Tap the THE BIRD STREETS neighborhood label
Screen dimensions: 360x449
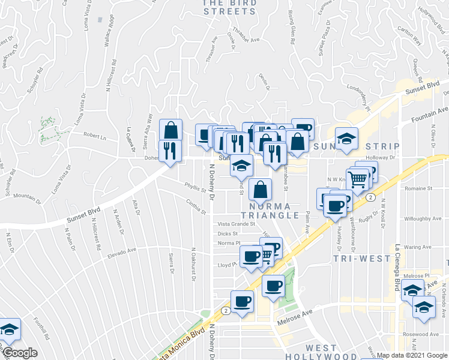pyautogui.click(x=230, y=7)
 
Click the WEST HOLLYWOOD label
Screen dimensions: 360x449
pyautogui.click(x=329, y=352)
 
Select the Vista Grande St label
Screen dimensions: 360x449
pyautogui.click(x=237, y=224)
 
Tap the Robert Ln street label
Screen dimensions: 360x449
pyautogui.click(x=95, y=136)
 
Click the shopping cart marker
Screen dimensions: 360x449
pyautogui.click(x=358, y=179)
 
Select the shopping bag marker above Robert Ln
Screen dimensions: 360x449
pyautogui.click(x=171, y=130)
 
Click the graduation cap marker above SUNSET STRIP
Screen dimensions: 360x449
pyautogui.click(x=346, y=139)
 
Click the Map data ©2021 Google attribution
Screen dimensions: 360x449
pyautogui.click(x=408, y=355)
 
